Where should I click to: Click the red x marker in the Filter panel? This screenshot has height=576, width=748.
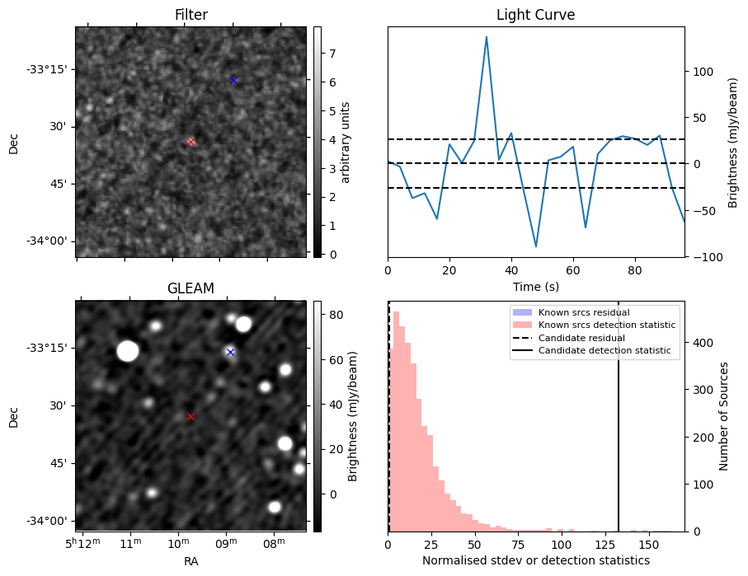pyautogui.click(x=191, y=142)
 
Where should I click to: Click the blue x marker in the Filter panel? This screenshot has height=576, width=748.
pyautogui.click(x=233, y=80)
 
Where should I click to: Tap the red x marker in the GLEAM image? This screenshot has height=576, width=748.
pyautogui.click(x=191, y=417)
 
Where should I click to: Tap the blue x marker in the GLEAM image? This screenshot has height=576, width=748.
pyautogui.click(x=230, y=352)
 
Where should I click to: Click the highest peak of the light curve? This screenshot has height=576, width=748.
pyautogui.click(x=487, y=37)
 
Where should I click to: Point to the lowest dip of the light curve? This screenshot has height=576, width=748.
pyautogui.click(x=536, y=246)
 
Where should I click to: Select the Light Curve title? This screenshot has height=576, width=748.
pyautogui.click(x=535, y=15)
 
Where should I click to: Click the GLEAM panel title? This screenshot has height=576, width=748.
pyautogui.click(x=191, y=288)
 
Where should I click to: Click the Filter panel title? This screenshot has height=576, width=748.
pyautogui.click(x=191, y=15)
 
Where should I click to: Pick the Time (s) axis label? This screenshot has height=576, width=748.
pyautogui.click(x=535, y=286)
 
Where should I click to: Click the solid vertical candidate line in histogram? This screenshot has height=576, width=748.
pyautogui.click(x=619, y=412)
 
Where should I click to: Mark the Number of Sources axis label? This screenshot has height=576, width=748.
pyautogui.click(x=724, y=416)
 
